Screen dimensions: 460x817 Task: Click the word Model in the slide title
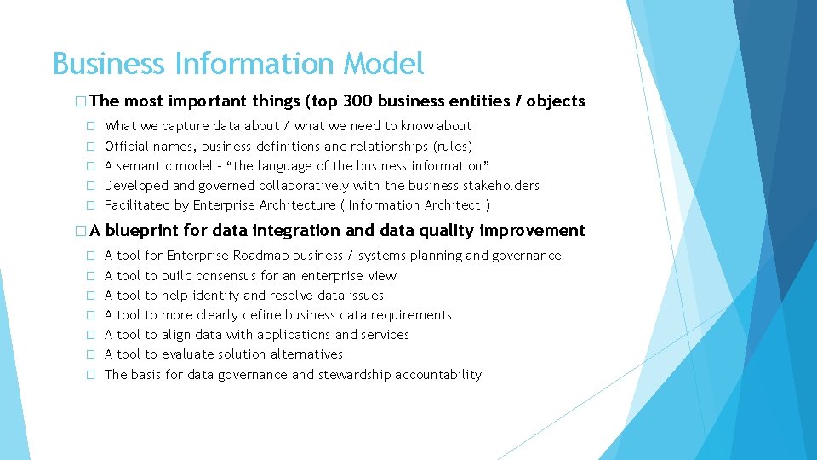383,64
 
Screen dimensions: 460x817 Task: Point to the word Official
127,146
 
